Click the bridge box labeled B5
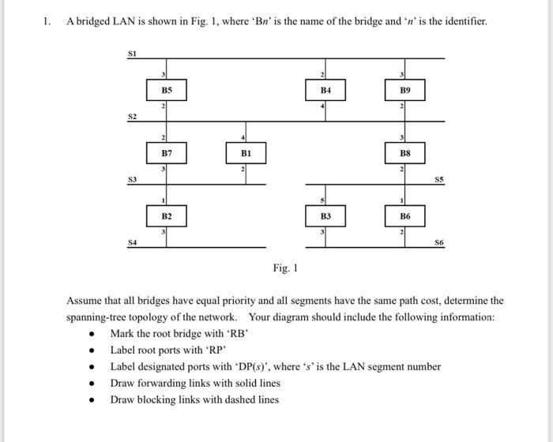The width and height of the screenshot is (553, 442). [x=167, y=91]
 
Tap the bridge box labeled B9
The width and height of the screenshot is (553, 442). [x=404, y=91]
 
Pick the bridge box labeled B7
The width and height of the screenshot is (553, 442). [x=167, y=152]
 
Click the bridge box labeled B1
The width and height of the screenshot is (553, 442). [x=246, y=152]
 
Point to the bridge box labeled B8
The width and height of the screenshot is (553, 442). [x=404, y=152]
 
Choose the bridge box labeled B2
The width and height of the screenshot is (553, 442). [x=167, y=215]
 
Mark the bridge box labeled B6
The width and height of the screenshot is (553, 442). [x=404, y=215]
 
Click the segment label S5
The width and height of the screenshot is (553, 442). [x=439, y=179]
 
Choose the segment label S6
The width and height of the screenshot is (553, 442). [x=439, y=242]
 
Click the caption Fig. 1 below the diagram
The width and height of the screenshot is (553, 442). [x=284, y=268]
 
